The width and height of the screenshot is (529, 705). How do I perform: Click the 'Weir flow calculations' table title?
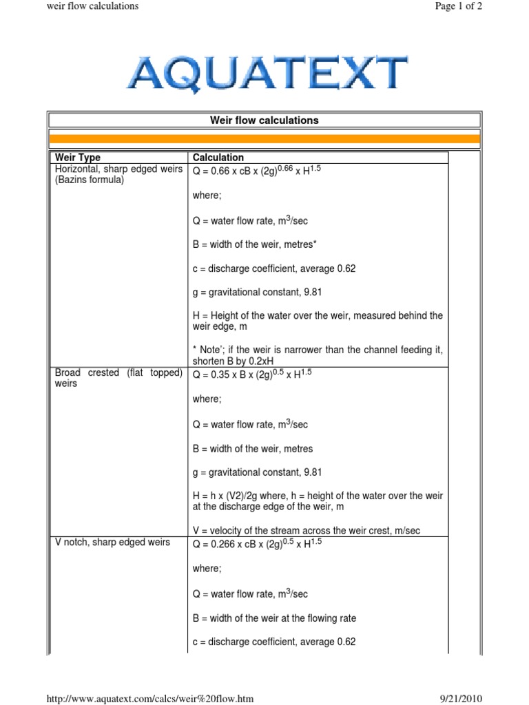[264, 120]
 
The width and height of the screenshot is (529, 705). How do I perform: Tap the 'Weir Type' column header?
[77, 158]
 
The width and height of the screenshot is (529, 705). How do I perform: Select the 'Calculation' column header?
[218, 158]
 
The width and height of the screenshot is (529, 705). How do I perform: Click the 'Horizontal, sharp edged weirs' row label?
[118, 169]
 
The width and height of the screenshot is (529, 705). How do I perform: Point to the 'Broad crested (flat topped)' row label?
[118, 373]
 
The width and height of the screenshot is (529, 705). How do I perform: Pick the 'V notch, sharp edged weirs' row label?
[112, 543]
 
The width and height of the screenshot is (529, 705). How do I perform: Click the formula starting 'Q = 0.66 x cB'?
[257, 169]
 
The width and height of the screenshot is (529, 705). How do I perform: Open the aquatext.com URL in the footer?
[149, 699]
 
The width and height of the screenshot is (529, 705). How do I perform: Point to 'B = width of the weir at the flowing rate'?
[274, 618]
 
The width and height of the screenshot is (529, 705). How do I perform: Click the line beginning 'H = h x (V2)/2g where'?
[318, 496]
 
